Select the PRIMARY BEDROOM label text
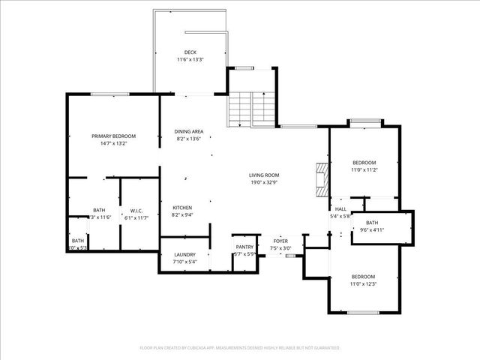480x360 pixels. point(113,136)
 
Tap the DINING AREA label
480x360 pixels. point(188,131)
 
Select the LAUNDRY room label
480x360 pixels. point(184,255)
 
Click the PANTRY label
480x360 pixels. point(244,247)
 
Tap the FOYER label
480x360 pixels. point(280,241)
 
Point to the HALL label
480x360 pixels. point(340,209)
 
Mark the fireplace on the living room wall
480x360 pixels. point(322,179)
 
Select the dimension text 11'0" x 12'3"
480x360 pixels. point(364,283)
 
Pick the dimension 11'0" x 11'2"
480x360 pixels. point(364,170)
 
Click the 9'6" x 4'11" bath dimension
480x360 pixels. point(372,231)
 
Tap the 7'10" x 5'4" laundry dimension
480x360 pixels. point(184,262)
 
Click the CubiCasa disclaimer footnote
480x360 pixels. point(240,348)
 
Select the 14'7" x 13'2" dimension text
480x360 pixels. point(113,143)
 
